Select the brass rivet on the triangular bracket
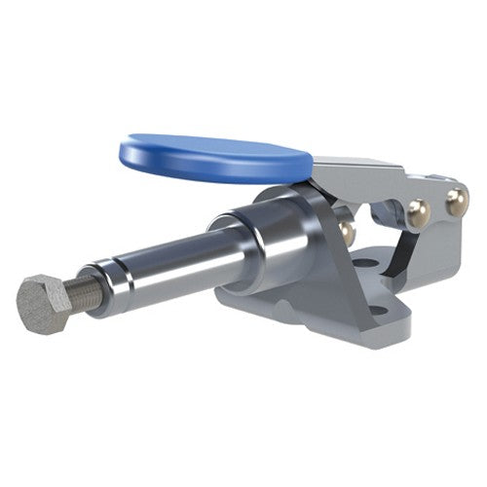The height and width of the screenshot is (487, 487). (345, 230)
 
